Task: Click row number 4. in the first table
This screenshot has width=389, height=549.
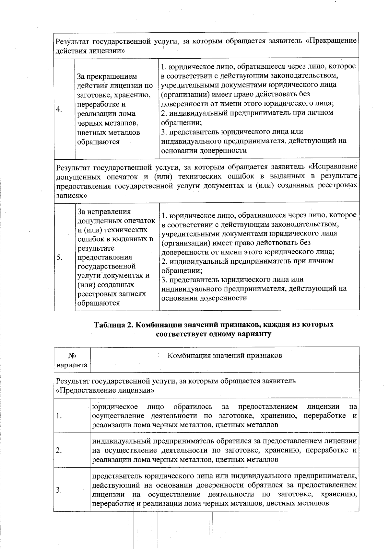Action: [59, 109]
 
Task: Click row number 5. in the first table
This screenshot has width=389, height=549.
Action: [59, 257]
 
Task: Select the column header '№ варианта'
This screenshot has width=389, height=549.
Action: [72, 360]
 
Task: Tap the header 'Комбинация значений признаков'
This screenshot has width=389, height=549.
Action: [225, 355]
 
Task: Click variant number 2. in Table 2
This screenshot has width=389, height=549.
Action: [59, 451]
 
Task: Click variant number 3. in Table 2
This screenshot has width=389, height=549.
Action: [59, 490]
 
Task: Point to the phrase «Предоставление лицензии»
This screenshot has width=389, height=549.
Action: [105, 390]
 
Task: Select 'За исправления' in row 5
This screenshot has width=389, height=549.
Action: [104, 212]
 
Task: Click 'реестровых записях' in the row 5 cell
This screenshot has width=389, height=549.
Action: [112, 294]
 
